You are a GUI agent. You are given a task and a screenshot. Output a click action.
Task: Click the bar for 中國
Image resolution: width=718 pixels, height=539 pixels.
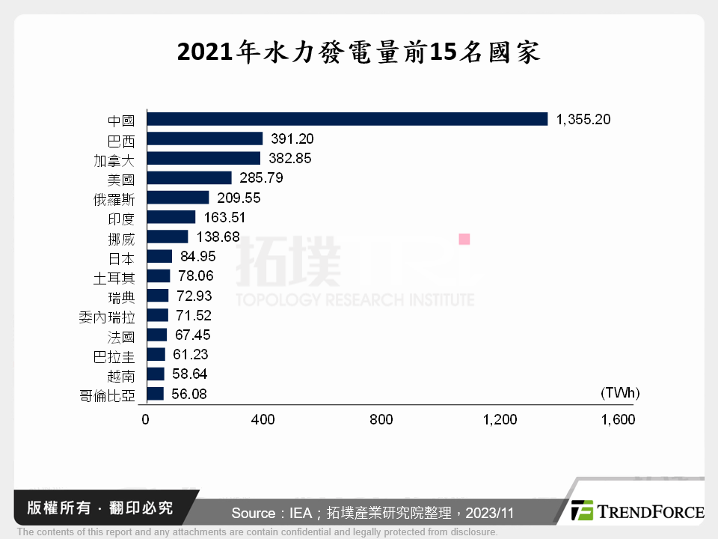point(347,119)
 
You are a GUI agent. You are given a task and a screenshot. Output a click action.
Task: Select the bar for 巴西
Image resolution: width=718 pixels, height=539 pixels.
point(205,138)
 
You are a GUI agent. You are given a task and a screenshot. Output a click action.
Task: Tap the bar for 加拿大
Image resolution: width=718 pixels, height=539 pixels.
point(203,158)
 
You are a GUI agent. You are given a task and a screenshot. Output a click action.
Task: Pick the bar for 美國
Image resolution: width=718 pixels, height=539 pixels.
point(189,178)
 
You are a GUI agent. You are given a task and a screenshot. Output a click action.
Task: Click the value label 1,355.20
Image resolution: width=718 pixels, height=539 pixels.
point(583,119)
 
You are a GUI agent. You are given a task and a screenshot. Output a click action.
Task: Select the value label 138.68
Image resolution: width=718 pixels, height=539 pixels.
point(217,237)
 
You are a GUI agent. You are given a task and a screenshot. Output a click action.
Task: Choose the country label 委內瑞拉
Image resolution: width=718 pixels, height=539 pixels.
point(106,316)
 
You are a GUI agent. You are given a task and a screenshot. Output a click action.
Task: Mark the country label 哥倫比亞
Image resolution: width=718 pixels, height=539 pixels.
point(106,395)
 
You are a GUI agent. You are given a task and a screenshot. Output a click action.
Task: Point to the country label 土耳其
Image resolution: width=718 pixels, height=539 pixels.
point(114,277)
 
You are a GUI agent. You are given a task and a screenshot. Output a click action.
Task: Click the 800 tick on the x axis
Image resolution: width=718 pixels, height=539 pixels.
point(381,420)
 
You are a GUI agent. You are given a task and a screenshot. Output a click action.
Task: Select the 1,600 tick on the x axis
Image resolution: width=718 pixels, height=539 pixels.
point(618,420)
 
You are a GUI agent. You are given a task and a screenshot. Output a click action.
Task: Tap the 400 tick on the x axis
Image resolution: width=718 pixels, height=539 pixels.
point(263,420)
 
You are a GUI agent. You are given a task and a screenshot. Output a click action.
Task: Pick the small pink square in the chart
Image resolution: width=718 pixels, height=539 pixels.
point(464,239)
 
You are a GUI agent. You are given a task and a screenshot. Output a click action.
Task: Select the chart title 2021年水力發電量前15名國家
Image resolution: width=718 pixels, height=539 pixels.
point(359,53)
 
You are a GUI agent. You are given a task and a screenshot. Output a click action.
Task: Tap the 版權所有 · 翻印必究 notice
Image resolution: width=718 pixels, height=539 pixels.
point(100,508)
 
